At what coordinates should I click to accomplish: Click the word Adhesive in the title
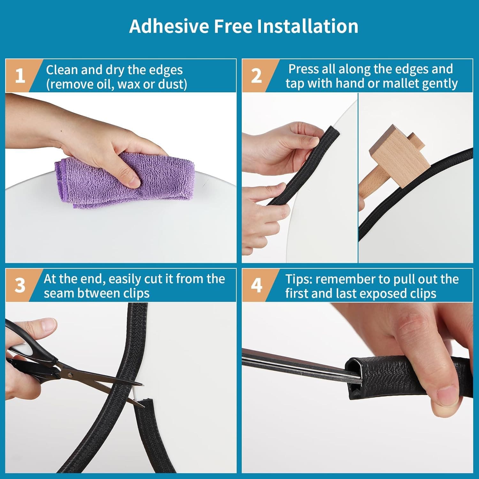click(169, 26)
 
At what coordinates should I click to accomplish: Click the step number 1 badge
click(20, 76)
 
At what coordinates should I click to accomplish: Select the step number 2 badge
click(256, 76)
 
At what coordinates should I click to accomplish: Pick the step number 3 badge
click(20, 285)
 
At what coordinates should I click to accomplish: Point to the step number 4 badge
click(256, 285)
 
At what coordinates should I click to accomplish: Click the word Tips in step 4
click(298, 279)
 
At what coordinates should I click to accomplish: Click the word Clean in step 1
click(62, 70)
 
